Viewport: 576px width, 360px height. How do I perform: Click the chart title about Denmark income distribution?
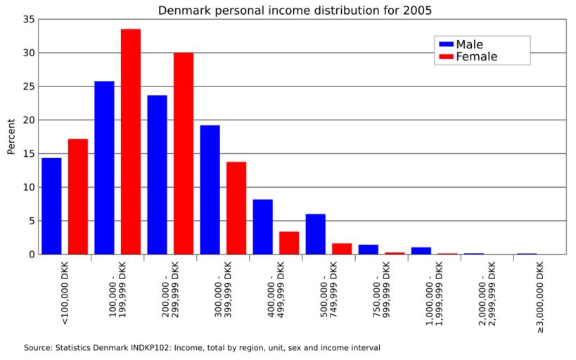[x=295, y=11]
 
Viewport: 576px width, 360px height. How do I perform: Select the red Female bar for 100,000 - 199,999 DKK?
[x=131, y=141]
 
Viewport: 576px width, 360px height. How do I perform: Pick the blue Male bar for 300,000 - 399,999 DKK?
[x=210, y=190]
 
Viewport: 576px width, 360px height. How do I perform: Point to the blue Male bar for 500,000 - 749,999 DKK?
[x=316, y=234]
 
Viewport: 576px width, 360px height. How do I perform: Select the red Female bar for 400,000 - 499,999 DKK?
[x=289, y=243]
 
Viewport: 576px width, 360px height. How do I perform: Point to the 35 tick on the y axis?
[x=28, y=20]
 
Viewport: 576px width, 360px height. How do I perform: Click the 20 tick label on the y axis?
[x=28, y=120]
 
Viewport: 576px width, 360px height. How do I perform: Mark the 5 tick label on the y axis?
[x=31, y=221]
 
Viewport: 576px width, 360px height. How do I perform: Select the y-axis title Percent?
[x=11, y=136]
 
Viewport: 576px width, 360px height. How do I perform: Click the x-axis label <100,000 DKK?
[x=65, y=295]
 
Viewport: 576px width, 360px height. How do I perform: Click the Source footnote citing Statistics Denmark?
[x=202, y=347]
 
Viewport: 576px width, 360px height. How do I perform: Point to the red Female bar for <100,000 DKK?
[x=78, y=196]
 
